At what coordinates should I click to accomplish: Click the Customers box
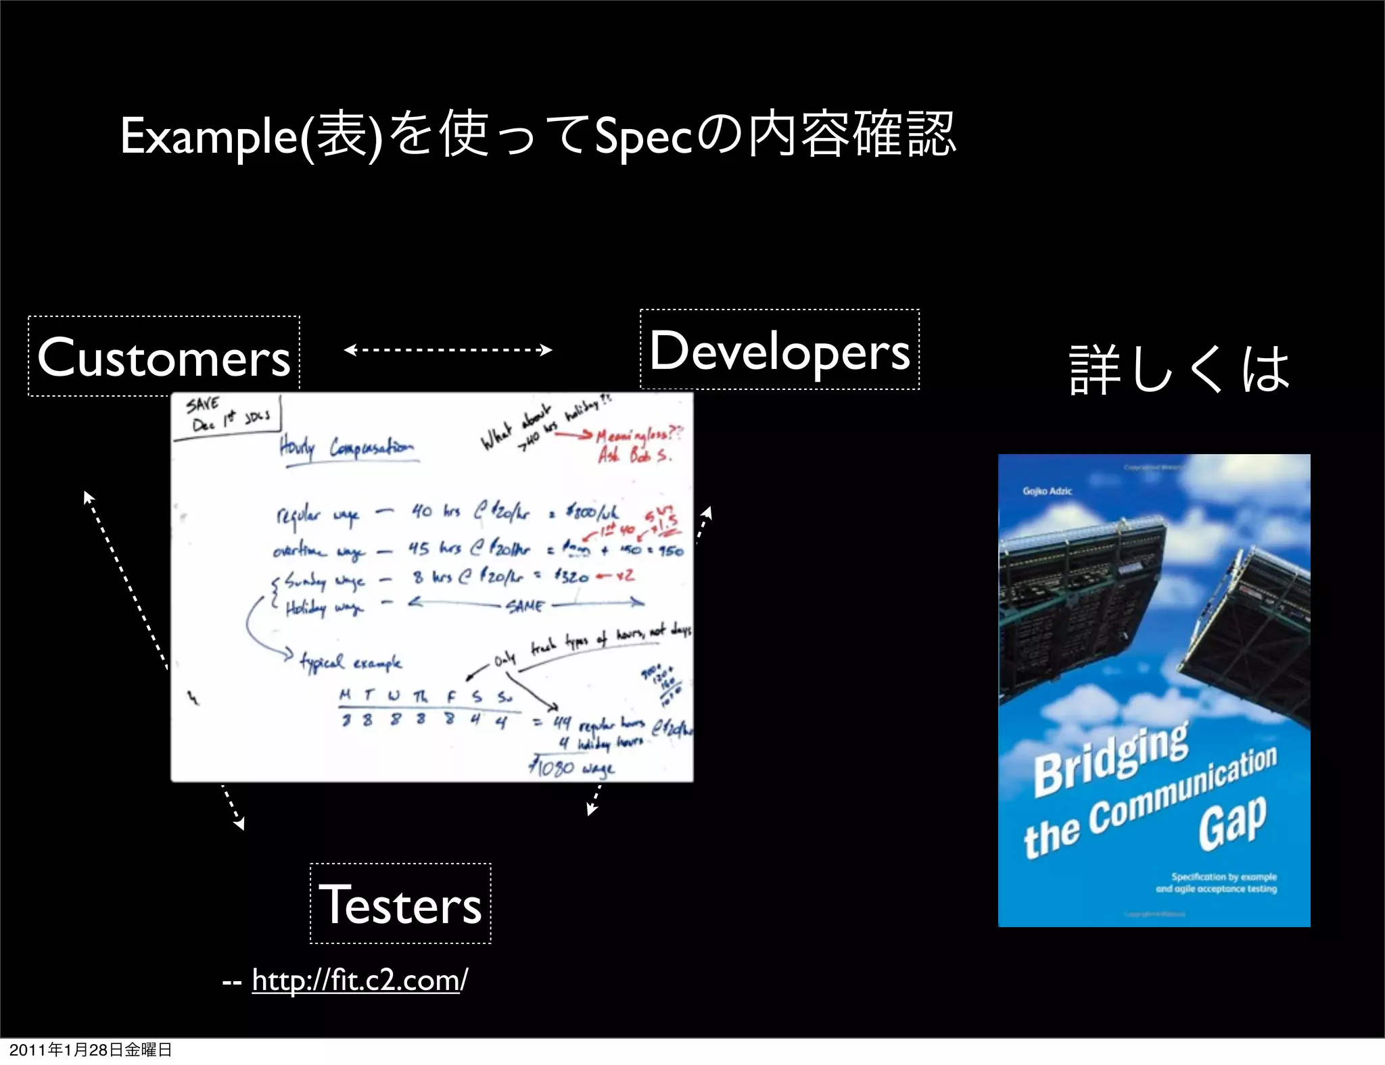(164, 356)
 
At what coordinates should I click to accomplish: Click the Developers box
(780, 349)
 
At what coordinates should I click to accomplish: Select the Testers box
(400, 903)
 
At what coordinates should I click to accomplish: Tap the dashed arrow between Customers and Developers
(448, 349)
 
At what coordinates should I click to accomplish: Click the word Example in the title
(208, 137)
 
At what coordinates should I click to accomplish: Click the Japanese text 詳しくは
(1179, 369)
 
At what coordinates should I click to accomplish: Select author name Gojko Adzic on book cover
(1047, 491)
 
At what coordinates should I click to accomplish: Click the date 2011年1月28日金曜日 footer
(91, 1049)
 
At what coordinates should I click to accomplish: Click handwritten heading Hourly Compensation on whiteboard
(346, 448)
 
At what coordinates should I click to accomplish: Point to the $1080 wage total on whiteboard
(571, 768)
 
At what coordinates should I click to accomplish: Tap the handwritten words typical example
(351, 662)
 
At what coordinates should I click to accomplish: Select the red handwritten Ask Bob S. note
(634, 455)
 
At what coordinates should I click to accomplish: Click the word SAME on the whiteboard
(525, 605)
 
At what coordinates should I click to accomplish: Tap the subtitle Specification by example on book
(1223, 876)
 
